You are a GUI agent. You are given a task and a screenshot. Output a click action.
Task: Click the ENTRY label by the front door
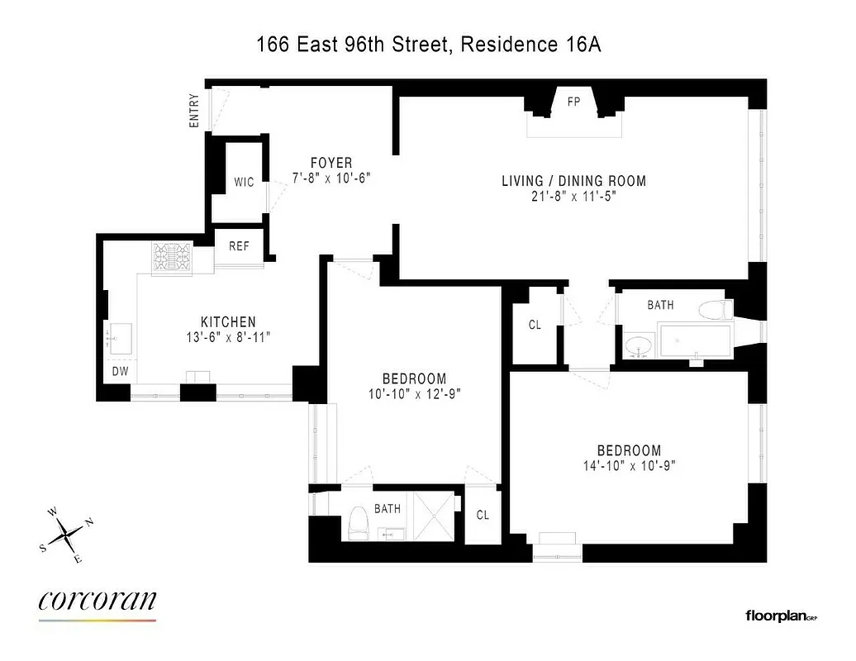[195, 111]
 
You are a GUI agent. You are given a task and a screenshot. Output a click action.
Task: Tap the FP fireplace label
[573, 102]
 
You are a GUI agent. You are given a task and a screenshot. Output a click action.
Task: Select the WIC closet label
[244, 183]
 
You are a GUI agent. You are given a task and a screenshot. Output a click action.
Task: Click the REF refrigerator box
[240, 246]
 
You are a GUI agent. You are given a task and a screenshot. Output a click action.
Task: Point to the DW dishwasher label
[121, 372]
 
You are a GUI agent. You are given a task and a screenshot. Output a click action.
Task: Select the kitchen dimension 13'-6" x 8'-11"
[228, 336]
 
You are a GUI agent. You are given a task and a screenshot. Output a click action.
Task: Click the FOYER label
[331, 163]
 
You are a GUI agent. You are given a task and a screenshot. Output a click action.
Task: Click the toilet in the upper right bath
[715, 311]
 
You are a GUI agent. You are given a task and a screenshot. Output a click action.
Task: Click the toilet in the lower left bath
[358, 523]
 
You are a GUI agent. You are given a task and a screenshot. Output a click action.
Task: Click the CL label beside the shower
[483, 515]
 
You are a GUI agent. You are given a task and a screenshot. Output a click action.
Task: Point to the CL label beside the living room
[535, 325]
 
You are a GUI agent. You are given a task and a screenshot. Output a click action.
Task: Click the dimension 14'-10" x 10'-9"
[629, 465]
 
